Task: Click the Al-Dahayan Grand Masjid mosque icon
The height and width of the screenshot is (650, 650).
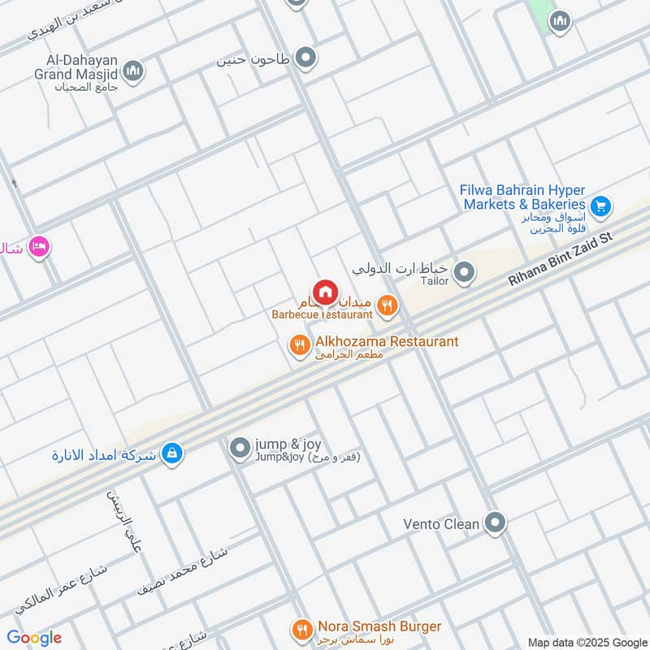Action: (132, 71)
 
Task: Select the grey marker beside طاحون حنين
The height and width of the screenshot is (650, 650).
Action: (305, 58)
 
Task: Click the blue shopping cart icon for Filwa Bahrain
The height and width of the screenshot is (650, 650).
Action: (600, 207)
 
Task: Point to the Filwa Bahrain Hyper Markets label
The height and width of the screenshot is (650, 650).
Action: (522, 197)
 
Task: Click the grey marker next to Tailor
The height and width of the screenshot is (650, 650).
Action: (464, 273)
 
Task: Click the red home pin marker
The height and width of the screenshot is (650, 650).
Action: (325, 292)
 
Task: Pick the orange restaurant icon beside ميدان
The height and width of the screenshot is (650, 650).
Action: (388, 305)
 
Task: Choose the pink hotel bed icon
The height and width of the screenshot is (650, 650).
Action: (38, 245)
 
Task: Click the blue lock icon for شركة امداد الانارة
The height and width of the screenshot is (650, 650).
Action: (171, 454)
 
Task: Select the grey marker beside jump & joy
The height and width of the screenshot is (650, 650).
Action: (240, 448)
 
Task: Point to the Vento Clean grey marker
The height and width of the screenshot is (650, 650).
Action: (494, 523)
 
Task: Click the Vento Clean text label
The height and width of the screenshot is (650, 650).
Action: (441, 524)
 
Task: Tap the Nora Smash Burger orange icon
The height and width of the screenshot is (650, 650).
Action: (301, 630)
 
